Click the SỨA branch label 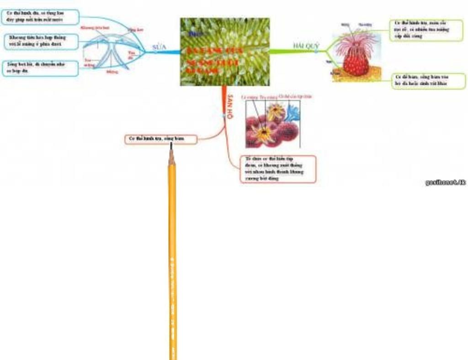(159, 47)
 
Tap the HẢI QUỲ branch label (306, 46)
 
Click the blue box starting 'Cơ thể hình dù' (40, 17)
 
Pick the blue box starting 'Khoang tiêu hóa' (41, 41)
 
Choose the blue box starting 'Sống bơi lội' (40, 68)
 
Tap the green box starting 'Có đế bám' (428, 81)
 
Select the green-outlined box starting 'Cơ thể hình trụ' (426, 30)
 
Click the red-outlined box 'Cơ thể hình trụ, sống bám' (161, 139)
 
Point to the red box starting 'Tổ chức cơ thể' (278, 169)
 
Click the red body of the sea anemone (356, 63)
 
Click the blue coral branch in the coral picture (292, 112)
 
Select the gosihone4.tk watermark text (445, 183)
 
